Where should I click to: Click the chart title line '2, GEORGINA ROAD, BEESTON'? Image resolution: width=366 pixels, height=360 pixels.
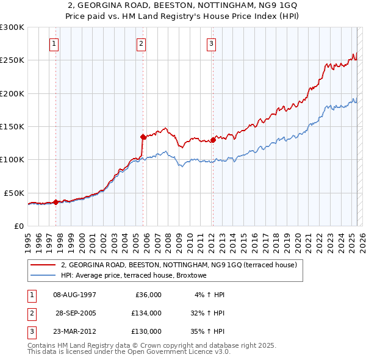tap(182, 5)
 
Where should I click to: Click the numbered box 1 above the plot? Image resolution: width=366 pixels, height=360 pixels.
tap(55, 43)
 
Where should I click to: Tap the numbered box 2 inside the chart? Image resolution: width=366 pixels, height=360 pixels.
tap(142, 43)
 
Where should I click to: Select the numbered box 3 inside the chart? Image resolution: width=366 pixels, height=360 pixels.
tap(212, 43)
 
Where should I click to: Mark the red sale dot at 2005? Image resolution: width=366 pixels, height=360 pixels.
tap(143, 137)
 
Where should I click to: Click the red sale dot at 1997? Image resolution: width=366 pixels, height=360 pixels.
tap(56, 201)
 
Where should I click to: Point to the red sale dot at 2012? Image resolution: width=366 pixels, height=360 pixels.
tap(213, 140)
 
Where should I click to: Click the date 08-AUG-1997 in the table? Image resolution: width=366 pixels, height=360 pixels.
tap(74, 295)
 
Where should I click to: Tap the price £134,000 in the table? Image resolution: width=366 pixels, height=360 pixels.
tap(146, 313)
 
